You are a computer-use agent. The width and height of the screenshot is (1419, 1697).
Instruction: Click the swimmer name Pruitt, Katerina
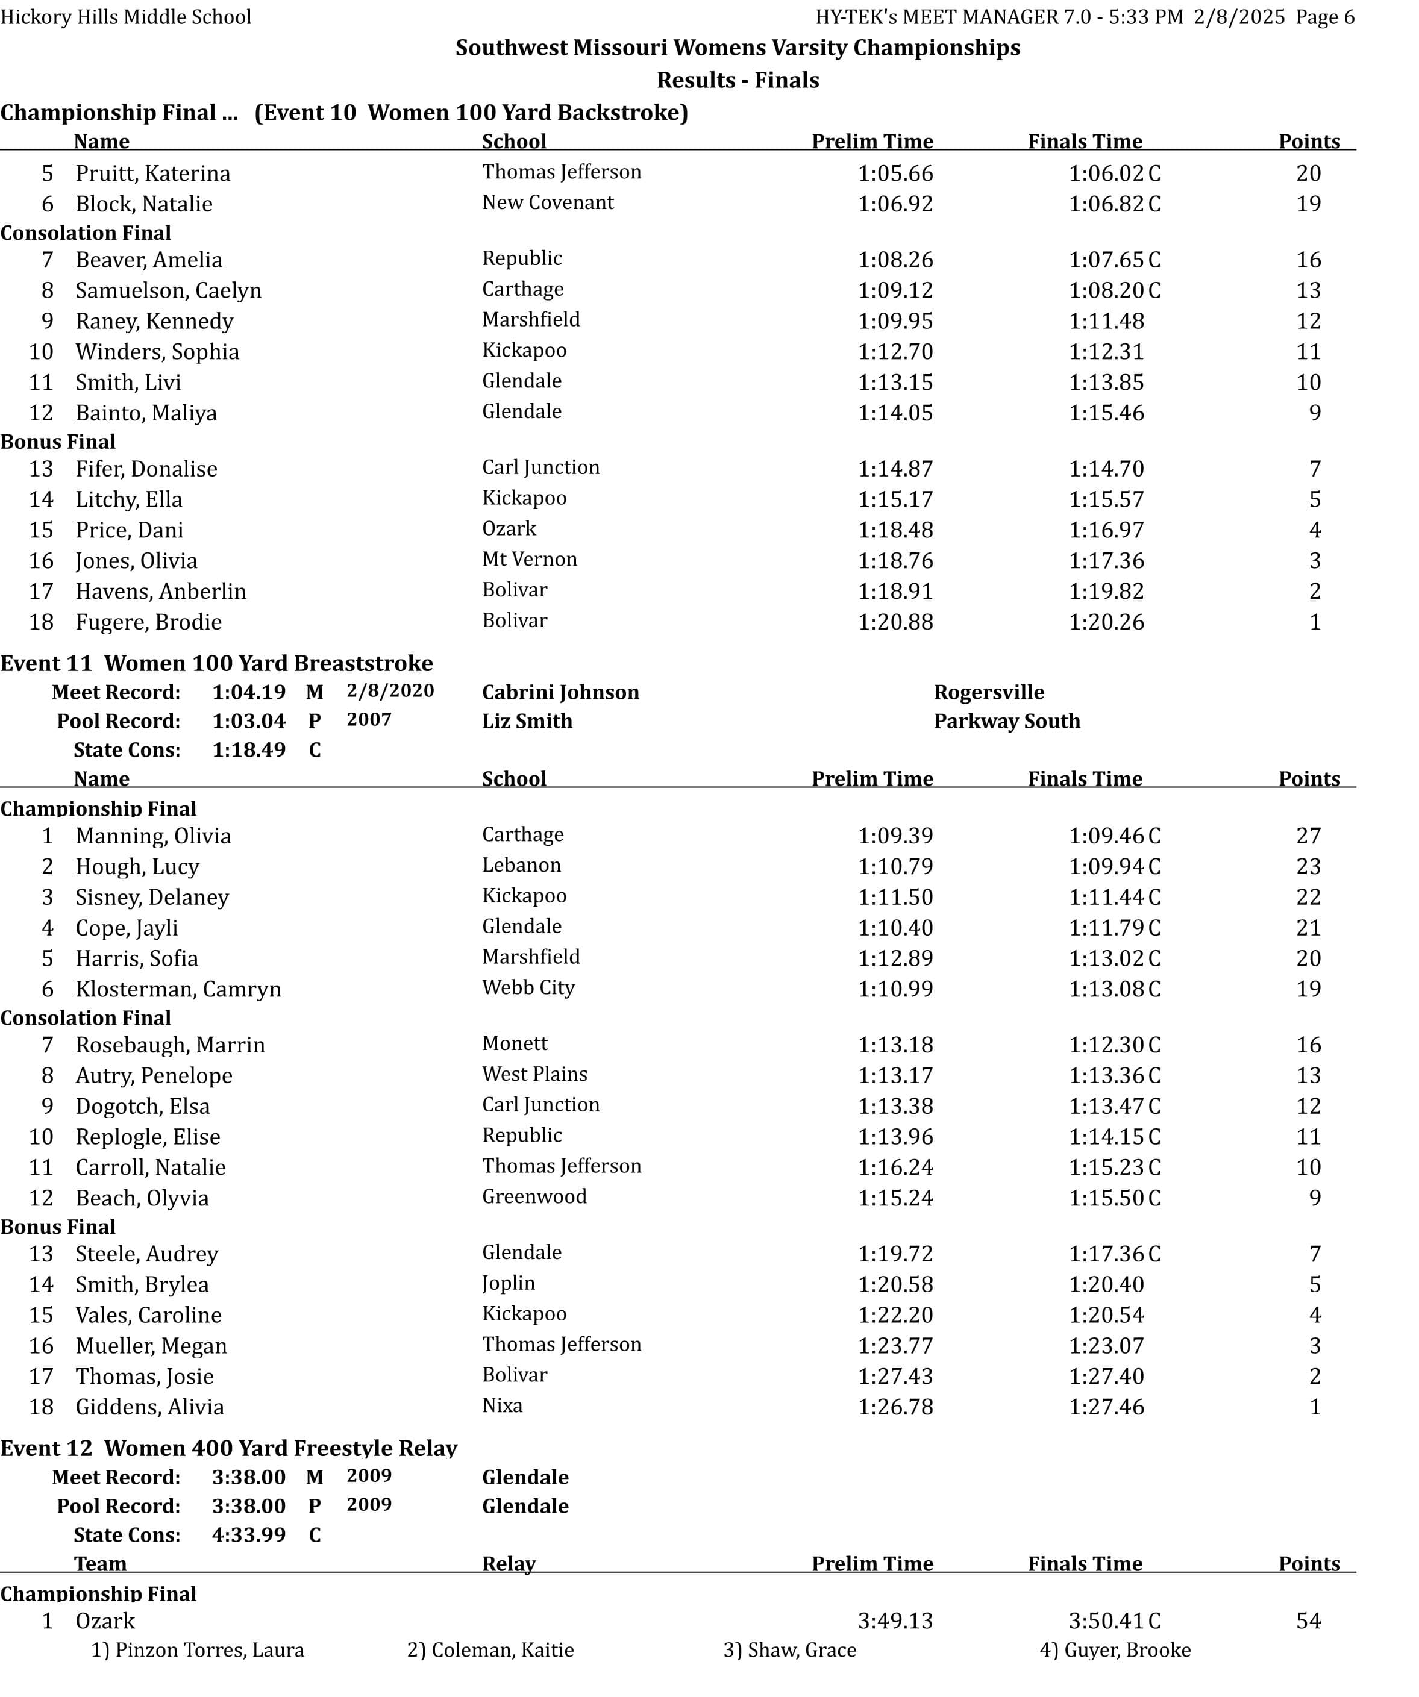152,173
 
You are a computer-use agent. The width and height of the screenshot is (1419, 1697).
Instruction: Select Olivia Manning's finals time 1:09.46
1106,836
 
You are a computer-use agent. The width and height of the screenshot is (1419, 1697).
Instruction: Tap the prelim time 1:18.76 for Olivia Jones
895,561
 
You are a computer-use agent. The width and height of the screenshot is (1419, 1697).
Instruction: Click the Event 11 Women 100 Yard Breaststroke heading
216,663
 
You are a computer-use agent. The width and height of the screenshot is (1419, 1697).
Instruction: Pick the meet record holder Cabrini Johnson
560,693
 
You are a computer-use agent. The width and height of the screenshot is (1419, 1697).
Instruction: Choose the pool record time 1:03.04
248,721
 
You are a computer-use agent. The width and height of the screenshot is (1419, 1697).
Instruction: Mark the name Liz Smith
527,721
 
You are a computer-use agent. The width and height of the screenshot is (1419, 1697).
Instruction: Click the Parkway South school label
1006,721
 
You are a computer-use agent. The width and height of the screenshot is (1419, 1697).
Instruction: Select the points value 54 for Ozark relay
1308,1621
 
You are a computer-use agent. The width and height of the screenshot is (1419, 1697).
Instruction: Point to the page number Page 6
1324,17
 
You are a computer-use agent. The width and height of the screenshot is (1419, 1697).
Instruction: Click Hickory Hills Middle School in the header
126,17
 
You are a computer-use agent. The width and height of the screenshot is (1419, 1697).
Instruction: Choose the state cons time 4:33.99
248,1536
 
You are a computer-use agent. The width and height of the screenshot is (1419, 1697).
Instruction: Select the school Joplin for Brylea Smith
509,1283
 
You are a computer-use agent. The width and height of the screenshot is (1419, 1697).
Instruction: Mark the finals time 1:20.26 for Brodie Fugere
1106,622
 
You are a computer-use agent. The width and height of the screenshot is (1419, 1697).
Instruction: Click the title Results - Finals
737,80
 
